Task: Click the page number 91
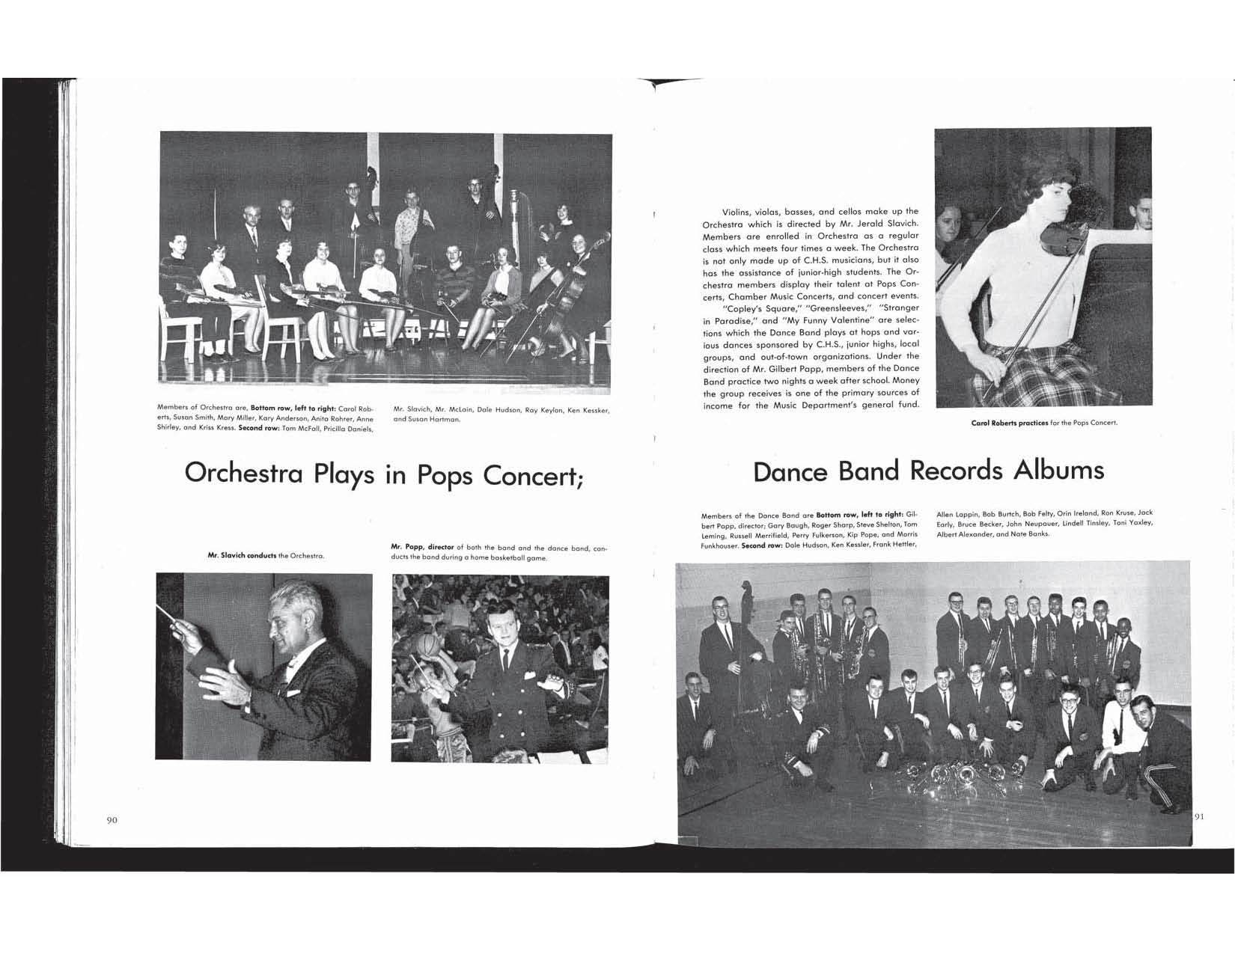(1198, 816)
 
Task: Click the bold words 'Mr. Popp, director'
(424, 548)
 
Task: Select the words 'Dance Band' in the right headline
(827, 471)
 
